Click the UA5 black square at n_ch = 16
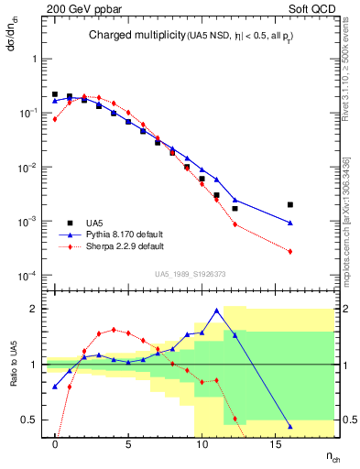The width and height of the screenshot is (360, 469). click(290, 205)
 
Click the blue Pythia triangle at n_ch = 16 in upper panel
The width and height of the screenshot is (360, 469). click(290, 223)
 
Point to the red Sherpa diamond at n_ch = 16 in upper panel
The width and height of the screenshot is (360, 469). click(290, 252)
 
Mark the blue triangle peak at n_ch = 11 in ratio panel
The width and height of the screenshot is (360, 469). click(216, 311)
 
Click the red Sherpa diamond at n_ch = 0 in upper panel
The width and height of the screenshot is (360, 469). click(55, 119)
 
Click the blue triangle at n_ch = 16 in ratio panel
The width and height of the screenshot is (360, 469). click(290, 426)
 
